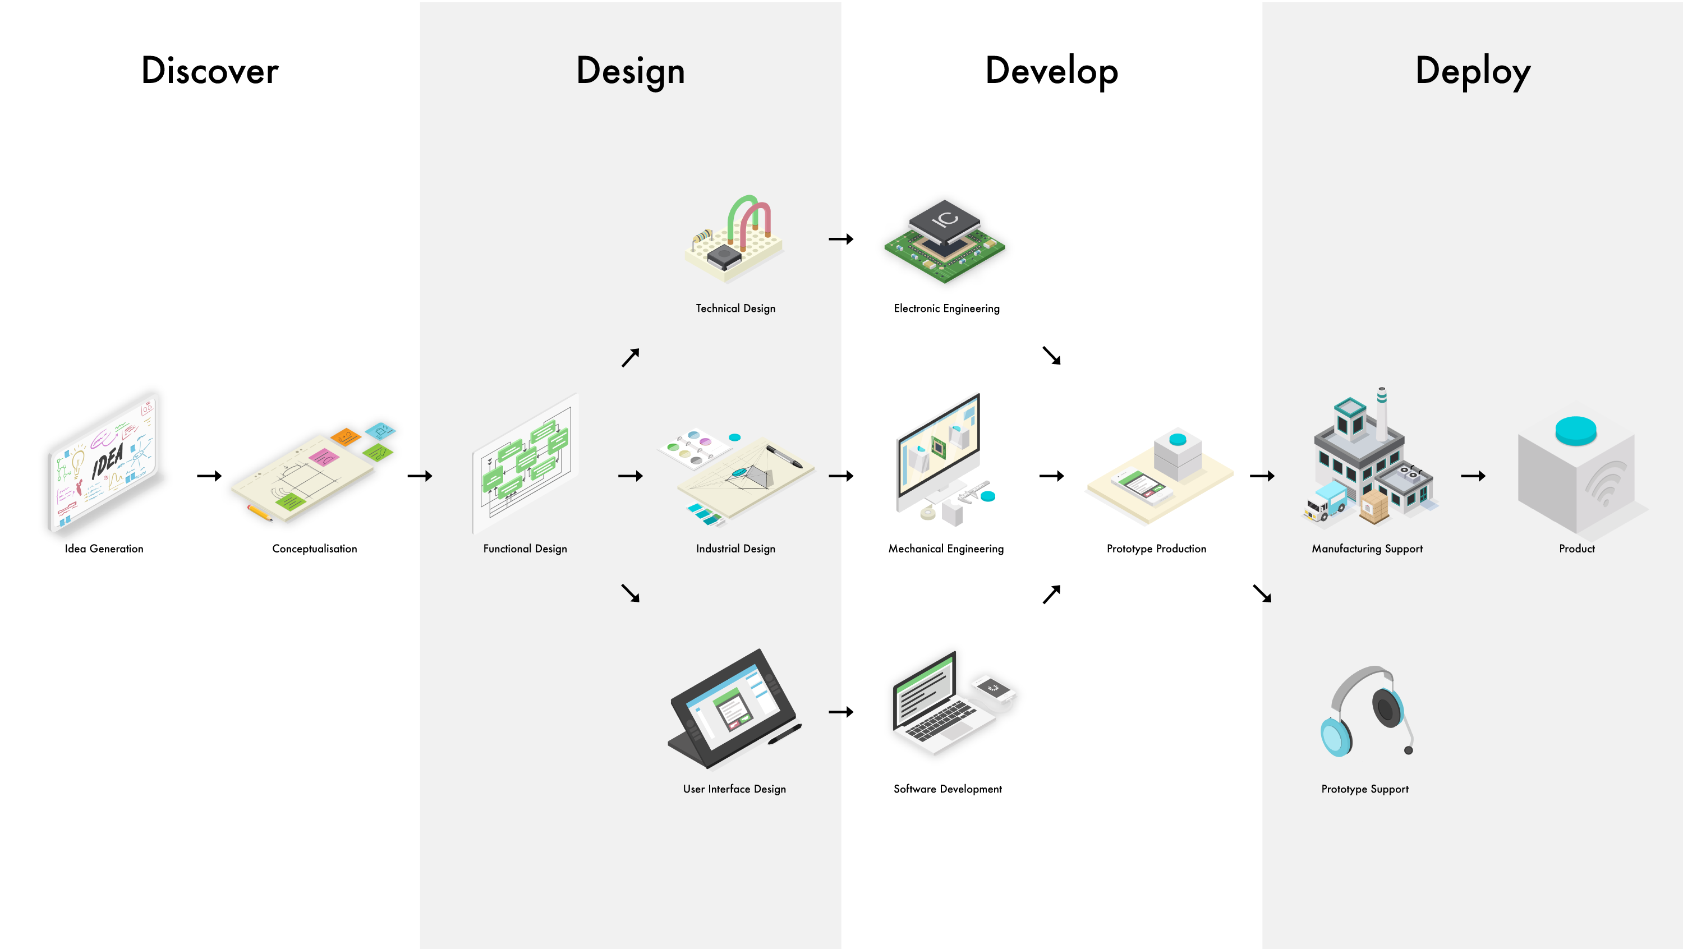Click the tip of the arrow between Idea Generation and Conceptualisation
coord(222,476)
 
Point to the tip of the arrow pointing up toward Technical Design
coord(639,349)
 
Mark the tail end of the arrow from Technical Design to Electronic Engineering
coord(829,239)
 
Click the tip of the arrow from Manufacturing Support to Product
coord(1486,476)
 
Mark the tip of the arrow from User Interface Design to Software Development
coord(854,712)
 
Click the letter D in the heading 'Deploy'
coord(1429,71)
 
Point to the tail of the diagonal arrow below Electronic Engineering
coord(1043,347)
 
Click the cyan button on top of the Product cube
coord(1576,430)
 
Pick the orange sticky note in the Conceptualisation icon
coord(345,436)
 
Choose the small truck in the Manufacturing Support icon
coord(1326,501)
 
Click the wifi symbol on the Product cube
coord(1606,483)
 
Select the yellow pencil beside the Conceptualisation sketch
coord(260,513)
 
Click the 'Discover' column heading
coord(210,71)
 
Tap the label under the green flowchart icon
coord(525,549)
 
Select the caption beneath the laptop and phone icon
coord(948,789)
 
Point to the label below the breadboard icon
coord(735,308)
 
